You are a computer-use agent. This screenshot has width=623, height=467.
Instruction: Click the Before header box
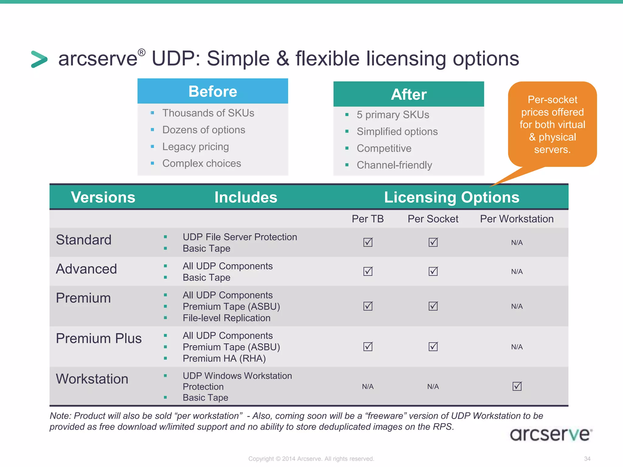click(x=213, y=91)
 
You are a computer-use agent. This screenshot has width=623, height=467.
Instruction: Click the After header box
click(x=409, y=94)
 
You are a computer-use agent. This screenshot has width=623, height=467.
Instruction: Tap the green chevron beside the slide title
click(x=39, y=59)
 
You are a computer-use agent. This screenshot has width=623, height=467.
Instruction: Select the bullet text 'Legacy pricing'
click(x=195, y=147)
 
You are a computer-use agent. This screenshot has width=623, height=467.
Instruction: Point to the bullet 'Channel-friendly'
click(x=394, y=165)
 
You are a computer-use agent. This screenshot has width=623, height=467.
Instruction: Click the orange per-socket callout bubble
click(x=552, y=124)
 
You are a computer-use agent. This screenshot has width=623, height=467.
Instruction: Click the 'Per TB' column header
click(x=367, y=219)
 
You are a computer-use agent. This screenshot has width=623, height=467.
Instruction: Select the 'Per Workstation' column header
click(x=517, y=219)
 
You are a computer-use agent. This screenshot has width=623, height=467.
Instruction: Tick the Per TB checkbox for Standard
click(x=368, y=242)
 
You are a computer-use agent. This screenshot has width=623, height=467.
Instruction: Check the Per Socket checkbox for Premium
click(x=433, y=306)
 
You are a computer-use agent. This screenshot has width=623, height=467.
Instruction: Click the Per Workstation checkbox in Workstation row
click(x=517, y=386)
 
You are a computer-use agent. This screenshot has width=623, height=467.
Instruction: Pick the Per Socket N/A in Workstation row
click(x=433, y=386)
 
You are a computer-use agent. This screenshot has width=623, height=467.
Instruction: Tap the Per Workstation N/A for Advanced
click(x=517, y=272)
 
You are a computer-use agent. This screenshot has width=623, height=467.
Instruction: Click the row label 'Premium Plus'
click(x=99, y=338)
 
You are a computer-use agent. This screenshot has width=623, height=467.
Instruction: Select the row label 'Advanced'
click(x=86, y=269)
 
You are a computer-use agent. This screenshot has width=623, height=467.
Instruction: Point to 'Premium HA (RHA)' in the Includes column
click(x=224, y=358)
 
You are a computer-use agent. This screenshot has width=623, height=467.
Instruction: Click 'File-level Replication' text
click(x=226, y=318)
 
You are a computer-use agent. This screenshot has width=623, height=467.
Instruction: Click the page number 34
click(x=587, y=458)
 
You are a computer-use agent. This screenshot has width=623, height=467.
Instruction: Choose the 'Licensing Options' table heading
click(x=451, y=197)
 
